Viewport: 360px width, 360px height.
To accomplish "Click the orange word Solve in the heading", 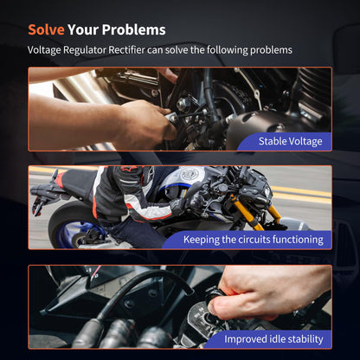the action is [x=46, y=29].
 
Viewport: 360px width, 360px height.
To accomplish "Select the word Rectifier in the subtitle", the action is [x=126, y=50].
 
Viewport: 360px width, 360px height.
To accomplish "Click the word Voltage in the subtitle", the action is [x=44, y=50].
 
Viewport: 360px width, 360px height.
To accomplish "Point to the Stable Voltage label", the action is [x=290, y=141].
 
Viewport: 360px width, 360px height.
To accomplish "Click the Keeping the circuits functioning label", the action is [x=254, y=240].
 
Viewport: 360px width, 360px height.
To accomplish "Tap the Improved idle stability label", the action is [x=273, y=339].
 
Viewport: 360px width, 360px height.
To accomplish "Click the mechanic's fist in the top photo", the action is [x=145, y=124].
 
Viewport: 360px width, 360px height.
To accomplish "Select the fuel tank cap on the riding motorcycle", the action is [x=190, y=173].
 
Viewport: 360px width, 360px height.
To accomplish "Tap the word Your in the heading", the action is [x=83, y=29].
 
